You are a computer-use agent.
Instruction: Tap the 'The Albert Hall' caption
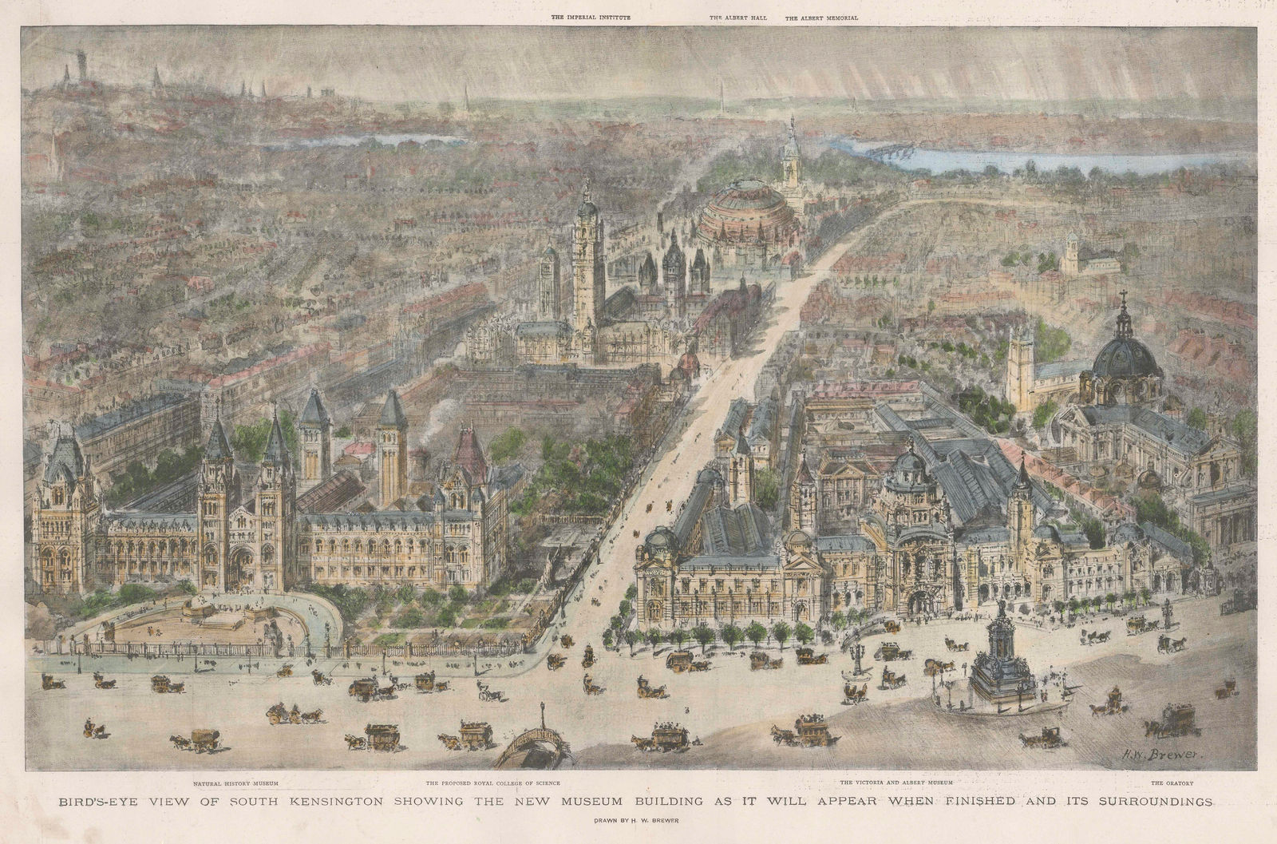pyautogui.click(x=738, y=16)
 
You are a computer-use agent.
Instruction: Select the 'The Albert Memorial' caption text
pyautogui.click(x=821, y=16)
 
